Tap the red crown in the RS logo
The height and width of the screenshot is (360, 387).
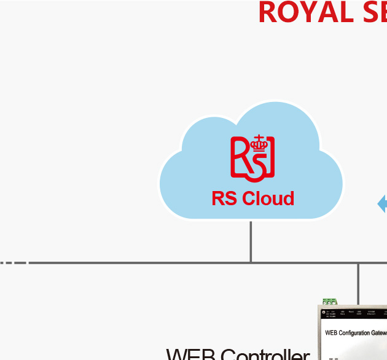point(260,144)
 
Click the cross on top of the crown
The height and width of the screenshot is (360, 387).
point(260,137)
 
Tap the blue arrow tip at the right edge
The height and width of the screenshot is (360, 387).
point(382,204)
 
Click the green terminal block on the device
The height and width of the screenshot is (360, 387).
point(330,301)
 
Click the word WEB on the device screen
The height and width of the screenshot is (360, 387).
point(331,333)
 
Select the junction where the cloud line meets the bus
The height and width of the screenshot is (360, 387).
point(251,263)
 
